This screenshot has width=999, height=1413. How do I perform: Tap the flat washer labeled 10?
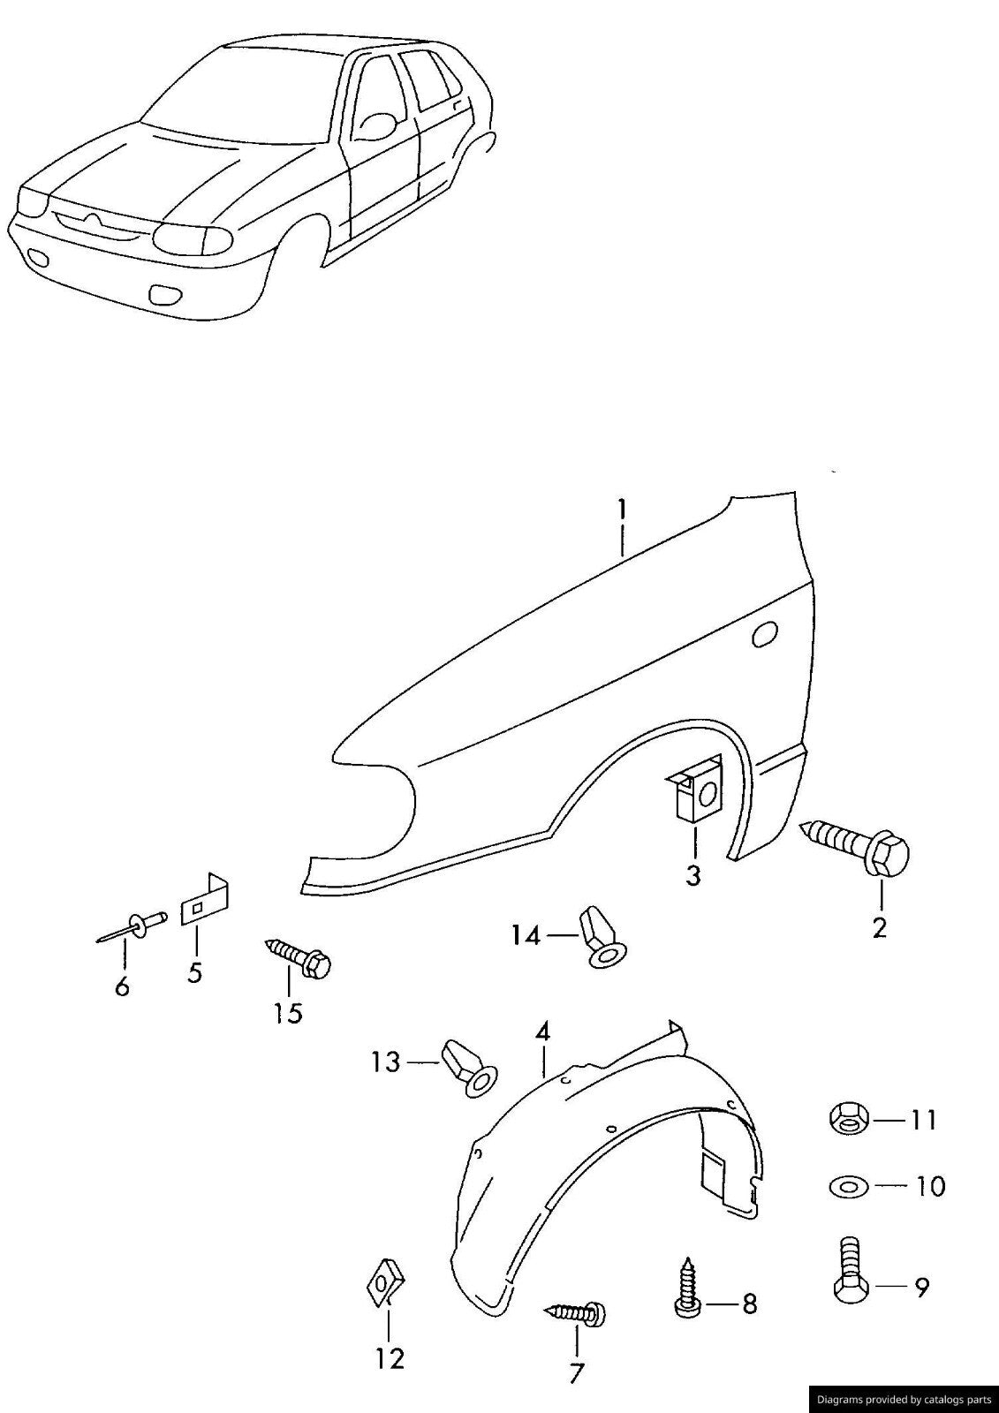pyautogui.click(x=850, y=1185)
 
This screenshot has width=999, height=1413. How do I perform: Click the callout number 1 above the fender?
pyautogui.click(x=622, y=510)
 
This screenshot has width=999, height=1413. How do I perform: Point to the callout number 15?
pyautogui.click(x=288, y=1013)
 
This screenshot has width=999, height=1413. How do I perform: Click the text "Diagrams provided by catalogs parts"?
pyautogui.click(x=904, y=1399)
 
